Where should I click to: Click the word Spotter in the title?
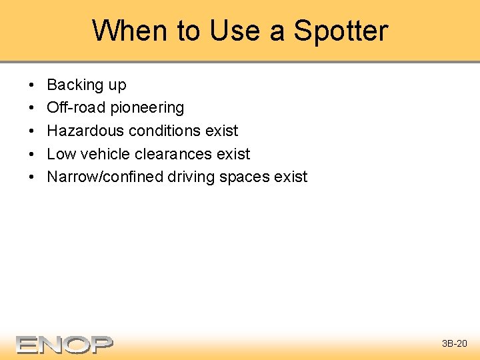pos(341,31)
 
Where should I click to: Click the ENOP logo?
pos(65,344)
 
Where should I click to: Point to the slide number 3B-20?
pos(455,344)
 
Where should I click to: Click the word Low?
pos(61,154)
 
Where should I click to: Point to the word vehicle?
pos(105,154)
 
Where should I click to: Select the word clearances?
pos(174,154)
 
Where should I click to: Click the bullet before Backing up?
pos(33,85)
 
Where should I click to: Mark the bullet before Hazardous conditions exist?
pos(33,131)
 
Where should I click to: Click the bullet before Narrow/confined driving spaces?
pos(33,177)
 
